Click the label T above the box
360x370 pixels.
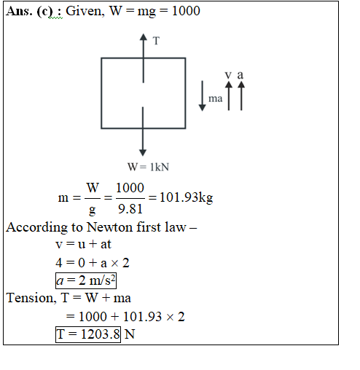(156, 41)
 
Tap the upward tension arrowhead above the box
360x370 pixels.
(144, 37)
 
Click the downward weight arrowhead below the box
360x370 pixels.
(143, 152)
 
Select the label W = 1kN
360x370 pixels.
(148, 167)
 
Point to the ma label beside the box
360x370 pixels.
(216, 98)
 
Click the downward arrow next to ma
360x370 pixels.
(203, 96)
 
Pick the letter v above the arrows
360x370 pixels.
(228, 75)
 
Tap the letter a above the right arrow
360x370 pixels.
(240, 75)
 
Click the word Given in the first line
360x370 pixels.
(85, 11)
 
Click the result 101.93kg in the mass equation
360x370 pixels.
(187, 197)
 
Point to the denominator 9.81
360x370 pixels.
(130, 209)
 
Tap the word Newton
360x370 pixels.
(110, 227)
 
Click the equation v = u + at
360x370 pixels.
(83, 244)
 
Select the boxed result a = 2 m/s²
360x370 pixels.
(86, 281)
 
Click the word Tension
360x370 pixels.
(31, 298)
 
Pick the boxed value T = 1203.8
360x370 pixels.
(88, 334)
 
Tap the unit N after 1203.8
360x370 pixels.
(130, 334)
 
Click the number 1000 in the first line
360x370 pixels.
(186, 11)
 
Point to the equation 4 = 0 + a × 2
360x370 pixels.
(93, 263)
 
